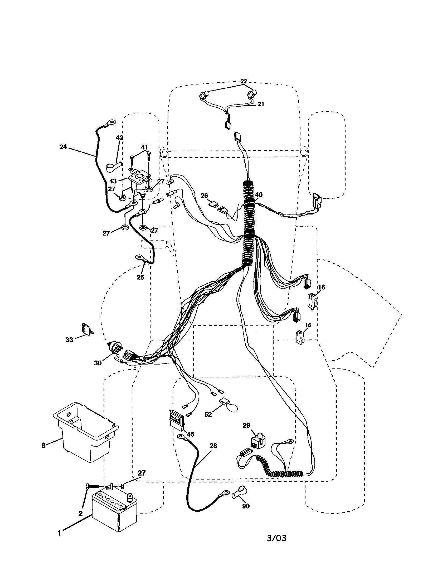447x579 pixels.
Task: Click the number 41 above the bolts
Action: coord(144,147)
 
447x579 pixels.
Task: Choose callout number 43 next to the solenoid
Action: coord(113,181)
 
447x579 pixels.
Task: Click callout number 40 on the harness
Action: coord(259,195)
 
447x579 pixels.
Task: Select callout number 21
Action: coord(261,104)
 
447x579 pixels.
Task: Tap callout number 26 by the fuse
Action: coord(204,196)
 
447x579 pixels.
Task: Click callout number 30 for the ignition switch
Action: coord(98,363)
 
